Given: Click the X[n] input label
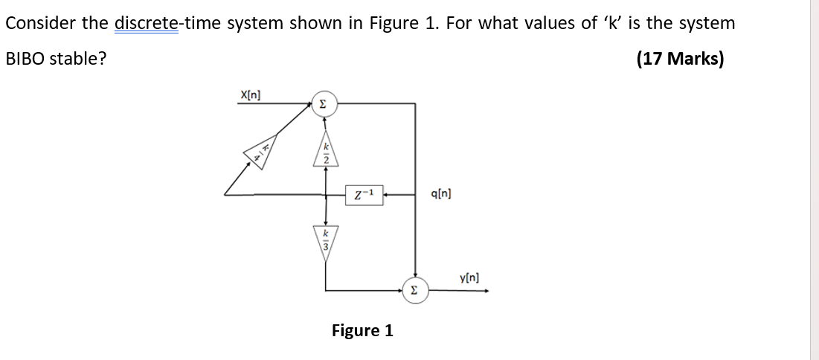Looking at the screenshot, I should pyautogui.click(x=249, y=94).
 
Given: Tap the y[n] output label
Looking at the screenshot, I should pyautogui.click(x=469, y=277).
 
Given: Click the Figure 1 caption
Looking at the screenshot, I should pyautogui.click(x=362, y=330).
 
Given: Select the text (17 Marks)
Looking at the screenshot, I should pyautogui.click(x=680, y=59).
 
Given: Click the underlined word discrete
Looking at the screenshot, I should pyautogui.click(x=147, y=23).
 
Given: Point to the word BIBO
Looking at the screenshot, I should pyautogui.click(x=25, y=59).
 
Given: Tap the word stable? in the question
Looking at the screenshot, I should pyautogui.click(x=78, y=59).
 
